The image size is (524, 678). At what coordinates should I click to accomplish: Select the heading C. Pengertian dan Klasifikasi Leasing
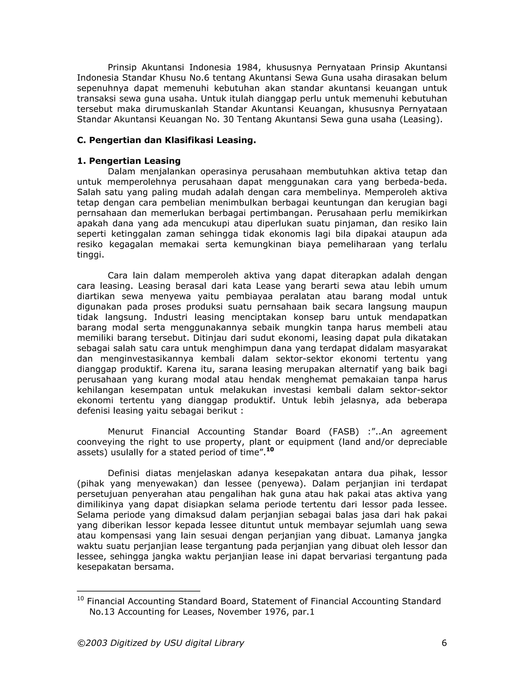click(x=166, y=140)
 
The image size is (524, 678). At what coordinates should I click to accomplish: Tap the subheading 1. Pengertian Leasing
click(x=129, y=161)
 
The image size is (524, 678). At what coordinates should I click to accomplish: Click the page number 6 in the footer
click(x=444, y=643)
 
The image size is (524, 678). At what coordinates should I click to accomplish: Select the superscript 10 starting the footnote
click(x=80, y=598)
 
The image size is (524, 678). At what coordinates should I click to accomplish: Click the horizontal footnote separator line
click(x=138, y=591)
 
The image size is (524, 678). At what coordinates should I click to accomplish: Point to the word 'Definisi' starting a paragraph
click(x=124, y=473)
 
